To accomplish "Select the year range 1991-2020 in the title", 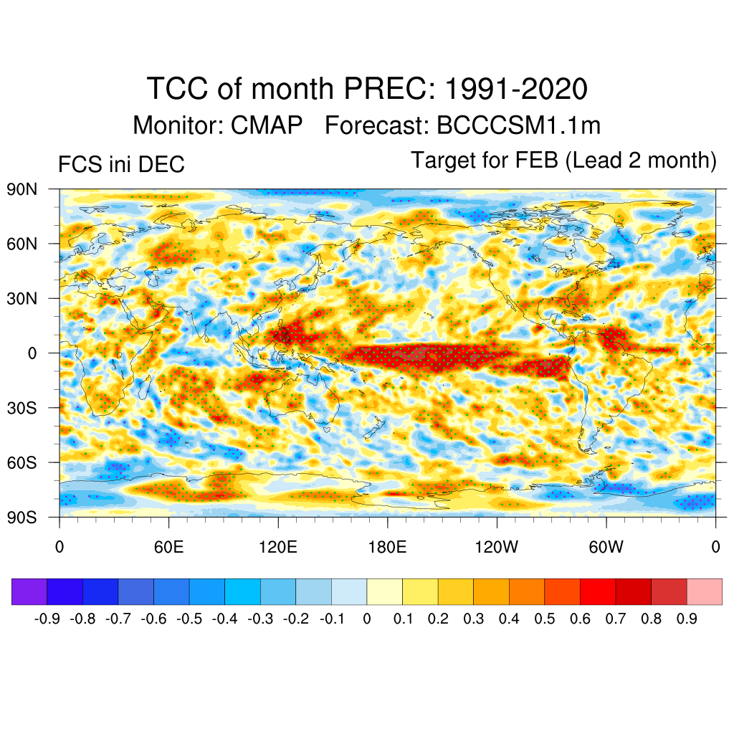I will coord(516,90).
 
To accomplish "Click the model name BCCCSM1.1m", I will coord(518,125).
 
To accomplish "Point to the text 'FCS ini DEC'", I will coord(121,165).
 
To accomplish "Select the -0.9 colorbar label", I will coord(48,619).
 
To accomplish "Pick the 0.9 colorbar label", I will coord(687,619).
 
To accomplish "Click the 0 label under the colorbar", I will coord(367,619).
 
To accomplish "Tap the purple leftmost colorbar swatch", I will coord(29,591).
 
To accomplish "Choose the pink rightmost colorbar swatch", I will coord(704,591).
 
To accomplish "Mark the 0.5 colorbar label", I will coord(545,619).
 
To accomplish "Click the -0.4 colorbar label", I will coord(225,619).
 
